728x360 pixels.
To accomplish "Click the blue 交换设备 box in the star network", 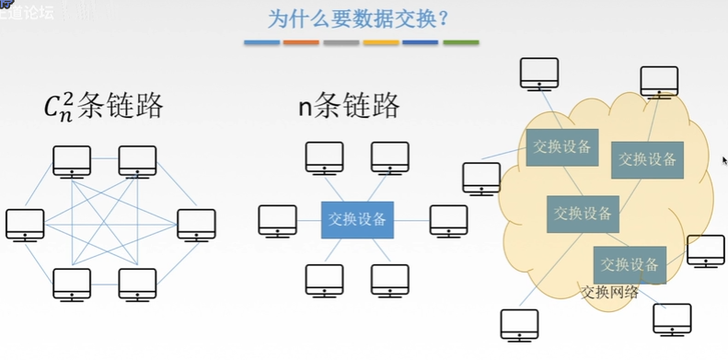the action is [x=358, y=220].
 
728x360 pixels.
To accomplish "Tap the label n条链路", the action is [x=350, y=107].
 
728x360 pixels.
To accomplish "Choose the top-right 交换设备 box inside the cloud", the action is [x=647, y=159].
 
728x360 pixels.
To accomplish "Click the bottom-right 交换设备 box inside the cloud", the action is [x=630, y=265].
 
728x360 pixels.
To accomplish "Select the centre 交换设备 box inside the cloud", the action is [x=583, y=214].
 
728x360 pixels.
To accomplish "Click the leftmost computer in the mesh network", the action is [x=25, y=225].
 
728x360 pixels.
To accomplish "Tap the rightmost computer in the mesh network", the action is [x=196, y=225].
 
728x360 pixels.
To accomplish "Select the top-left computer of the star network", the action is [x=324, y=158].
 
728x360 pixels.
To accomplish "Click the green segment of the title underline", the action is [x=461, y=42].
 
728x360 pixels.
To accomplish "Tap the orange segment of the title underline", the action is [x=301, y=42].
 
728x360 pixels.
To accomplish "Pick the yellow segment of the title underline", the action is [x=381, y=42].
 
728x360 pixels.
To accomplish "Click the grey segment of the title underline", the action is [x=341, y=42].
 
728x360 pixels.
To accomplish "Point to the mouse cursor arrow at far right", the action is [x=724, y=159].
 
